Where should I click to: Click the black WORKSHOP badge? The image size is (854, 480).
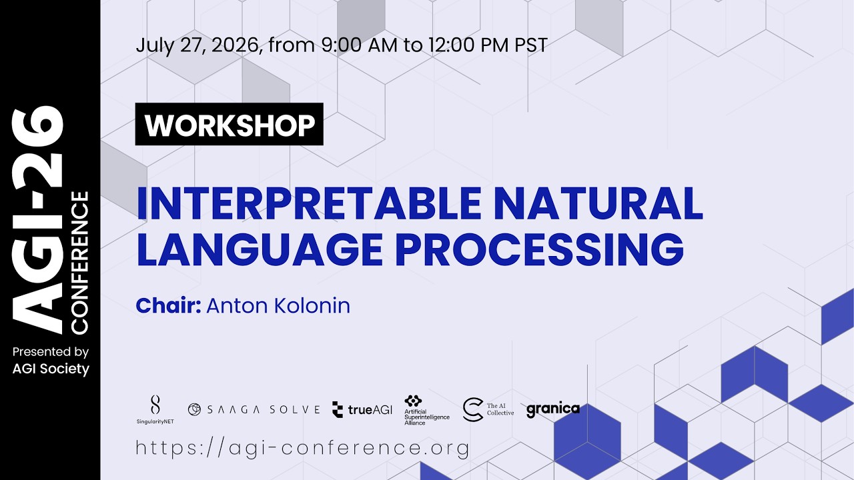pos(229,124)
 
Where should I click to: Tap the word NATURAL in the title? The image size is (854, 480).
pos(598,203)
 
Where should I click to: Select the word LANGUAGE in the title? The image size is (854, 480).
pos(260,249)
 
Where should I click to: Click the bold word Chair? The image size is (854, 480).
pos(169,305)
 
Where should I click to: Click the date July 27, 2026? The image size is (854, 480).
pos(199,45)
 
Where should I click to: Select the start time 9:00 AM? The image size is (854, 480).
pos(360,45)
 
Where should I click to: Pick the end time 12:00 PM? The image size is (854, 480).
pos(468,45)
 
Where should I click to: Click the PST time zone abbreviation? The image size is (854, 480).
pos(531,45)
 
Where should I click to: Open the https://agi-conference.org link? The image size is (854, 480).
pos(303,448)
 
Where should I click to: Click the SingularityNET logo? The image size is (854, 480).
pos(155,409)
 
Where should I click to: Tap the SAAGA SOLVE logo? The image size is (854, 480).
pos(254,409)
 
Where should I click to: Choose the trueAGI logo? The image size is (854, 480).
pos(362,410)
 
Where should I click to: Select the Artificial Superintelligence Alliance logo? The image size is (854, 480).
pos(427,410)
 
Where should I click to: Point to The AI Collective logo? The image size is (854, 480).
pos(488,409)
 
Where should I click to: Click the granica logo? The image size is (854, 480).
pos(553,410)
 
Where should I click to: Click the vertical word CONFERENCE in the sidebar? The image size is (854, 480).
pos(79,263)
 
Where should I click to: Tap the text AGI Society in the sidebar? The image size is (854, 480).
pos(51,369)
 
